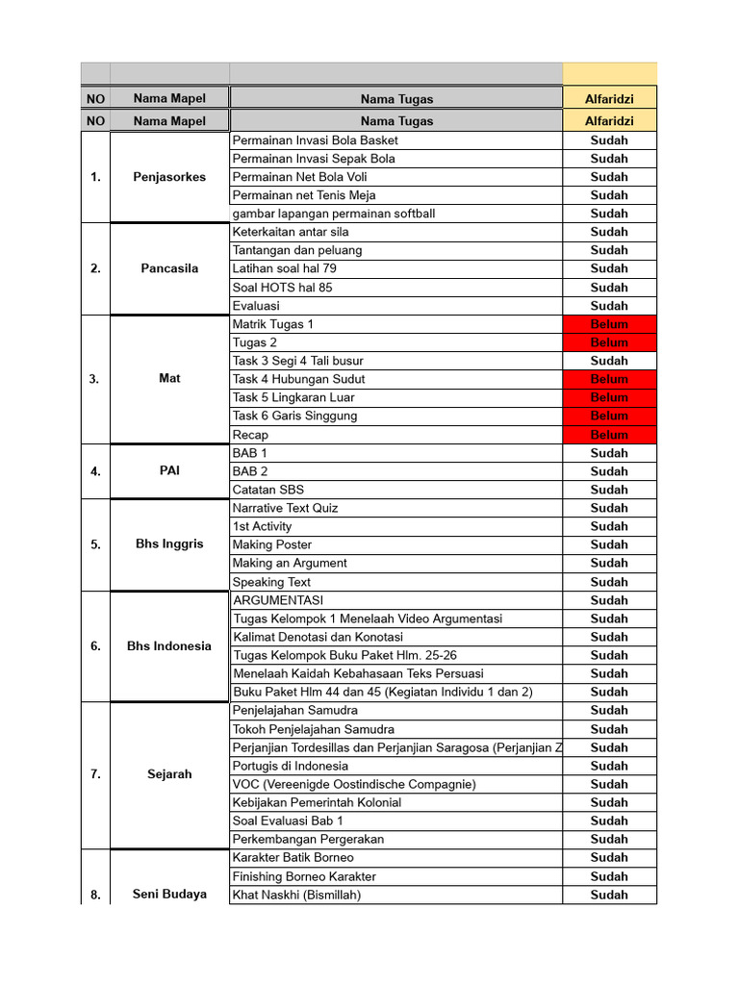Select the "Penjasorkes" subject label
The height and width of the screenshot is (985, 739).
pyautogui.click(x=169, y=177)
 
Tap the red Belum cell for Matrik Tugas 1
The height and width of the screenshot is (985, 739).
pyautogui.click(x=609, y=324)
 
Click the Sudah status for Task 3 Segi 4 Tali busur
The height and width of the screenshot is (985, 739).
pyautogui.click(x=609, y=361)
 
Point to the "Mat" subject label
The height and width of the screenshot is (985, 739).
pyautogui.click(x=169, y=379)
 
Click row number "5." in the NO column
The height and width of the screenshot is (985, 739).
pyautogui.click(x=95, y=544)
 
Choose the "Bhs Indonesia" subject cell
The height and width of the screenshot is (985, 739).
pyautogui.click(x=169, y=646)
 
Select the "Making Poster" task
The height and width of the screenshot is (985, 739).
pyautogui.click(x=272, y=544)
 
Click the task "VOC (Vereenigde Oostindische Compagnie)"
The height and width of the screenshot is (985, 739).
pyautogui.click(x=354, y=784)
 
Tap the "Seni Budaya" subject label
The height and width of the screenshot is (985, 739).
pyautogui.click(x=169, y=895)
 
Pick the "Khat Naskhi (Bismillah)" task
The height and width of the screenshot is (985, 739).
pyautogui.click(x=296, y=895)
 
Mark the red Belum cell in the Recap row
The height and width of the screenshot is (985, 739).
pyautogui.click(x=609, y=435)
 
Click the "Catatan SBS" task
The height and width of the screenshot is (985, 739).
pyautogui.click(x=268, y=490)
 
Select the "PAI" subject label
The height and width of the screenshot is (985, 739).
pyautogui.click(x=169, y=471)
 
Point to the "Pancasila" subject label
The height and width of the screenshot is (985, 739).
pyautogui.click(x=169, y=268)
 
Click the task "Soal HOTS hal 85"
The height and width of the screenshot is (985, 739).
pyautogui.click(x=283, y=288)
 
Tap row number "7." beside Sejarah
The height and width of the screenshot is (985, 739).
pyautogui.click(x=95, y=774)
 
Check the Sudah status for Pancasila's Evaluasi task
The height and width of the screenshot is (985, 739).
pyautogui.click(x=609, y=306)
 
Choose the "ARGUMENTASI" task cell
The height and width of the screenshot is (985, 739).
pyautogui.click(x=278, y=600)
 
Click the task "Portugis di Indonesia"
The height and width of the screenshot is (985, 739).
pyautogui.click(x=291, y=766)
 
